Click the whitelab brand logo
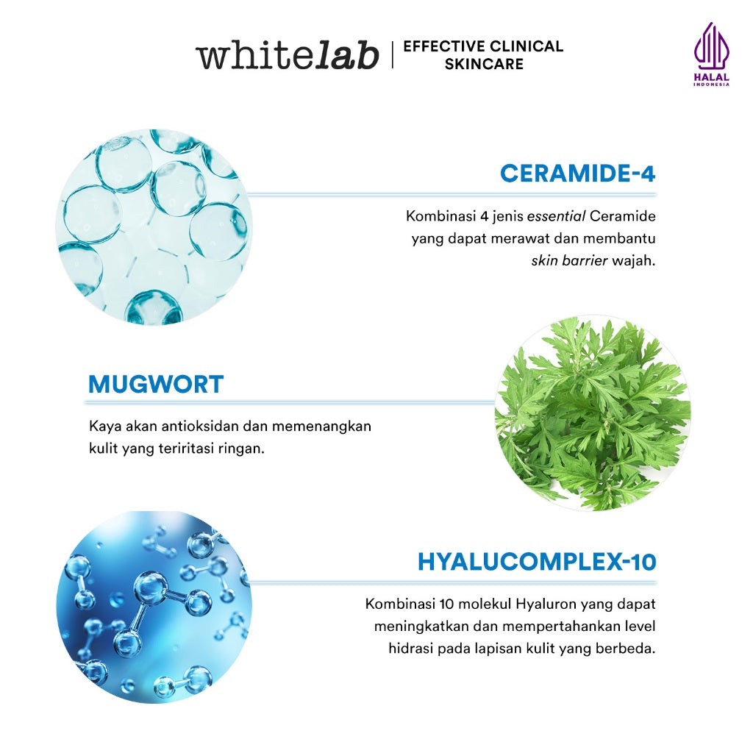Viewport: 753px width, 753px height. [287, 57]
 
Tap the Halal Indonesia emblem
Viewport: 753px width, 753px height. [710, 54]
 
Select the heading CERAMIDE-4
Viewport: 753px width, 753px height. [577, 174]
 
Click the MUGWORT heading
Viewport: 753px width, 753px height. [156, 384]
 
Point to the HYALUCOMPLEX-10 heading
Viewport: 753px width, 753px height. [536, 562]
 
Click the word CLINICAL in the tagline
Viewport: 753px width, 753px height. [524, 46]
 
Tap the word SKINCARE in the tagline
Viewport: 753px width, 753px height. [484, 65]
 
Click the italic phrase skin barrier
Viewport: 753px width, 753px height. [569, 261]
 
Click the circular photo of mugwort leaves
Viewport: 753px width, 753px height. [592, 414]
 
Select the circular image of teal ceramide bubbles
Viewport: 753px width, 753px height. [154, 227]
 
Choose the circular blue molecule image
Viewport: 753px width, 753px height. [154, 607]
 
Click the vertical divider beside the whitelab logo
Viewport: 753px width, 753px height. [392, 55]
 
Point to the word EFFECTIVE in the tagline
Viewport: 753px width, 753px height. [438, 46]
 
